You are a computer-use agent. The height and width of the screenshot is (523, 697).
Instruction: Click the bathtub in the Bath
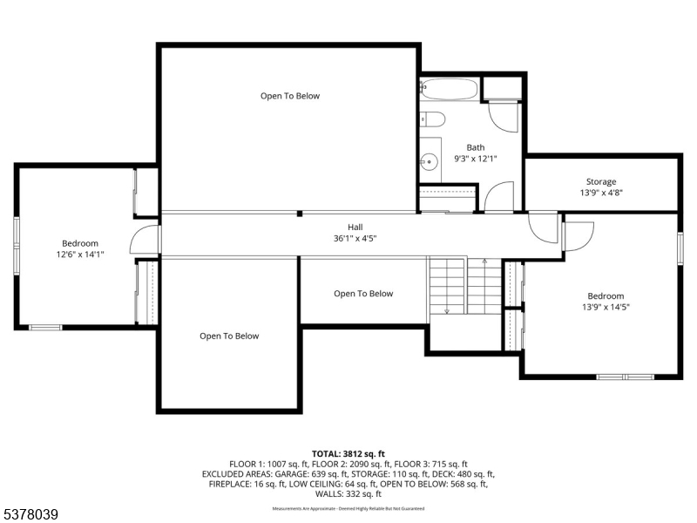click(x=449, y=89)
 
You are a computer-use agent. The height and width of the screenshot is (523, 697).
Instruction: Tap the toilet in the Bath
click(x=432, y=119)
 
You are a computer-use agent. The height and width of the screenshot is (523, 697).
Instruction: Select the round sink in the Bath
click(x=429, y=161)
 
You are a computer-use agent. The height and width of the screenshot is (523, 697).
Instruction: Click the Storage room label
click(x=601, y=181)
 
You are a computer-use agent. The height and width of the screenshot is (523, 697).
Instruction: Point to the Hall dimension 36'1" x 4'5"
click(x=355, y=238)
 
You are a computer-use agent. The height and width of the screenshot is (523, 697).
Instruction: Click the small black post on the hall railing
click(x=300, y=214)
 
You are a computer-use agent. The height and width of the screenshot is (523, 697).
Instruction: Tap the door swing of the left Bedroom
click(x=145, y=239)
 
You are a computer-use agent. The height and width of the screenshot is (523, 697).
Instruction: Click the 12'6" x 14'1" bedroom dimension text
click(x=80, y=255)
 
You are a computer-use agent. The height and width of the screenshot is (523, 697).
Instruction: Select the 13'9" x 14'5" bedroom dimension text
click(x=606, y=307)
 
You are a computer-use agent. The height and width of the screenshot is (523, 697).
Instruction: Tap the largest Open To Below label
click(x=290, y=96)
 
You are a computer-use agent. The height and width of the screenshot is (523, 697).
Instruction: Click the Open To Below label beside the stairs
click(x=363, y=294)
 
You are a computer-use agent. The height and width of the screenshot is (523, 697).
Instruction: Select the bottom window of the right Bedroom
click(x=625, y=377)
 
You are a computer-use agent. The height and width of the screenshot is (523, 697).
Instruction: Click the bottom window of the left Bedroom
click(x=45, y=328)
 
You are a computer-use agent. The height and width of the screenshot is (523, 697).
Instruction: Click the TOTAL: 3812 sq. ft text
click(x=348, y=454)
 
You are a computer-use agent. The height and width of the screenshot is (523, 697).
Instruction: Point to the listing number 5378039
click(x=30, y=514)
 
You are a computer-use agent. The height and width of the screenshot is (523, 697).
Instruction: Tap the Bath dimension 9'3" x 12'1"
click(x=475, y=159)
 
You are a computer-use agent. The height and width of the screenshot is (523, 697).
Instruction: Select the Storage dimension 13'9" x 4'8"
click(x=601, y=193)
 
